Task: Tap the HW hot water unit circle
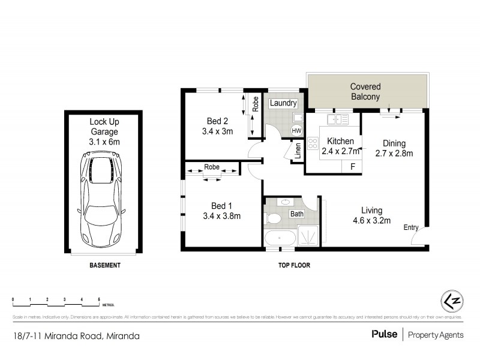296,130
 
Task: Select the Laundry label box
283,104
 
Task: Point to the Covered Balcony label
365,91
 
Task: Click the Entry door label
411,227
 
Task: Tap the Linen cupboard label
297,151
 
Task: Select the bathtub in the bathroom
280,238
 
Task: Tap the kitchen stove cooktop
313,143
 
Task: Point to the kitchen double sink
343,119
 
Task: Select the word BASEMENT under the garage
105,265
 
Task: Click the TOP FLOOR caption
294,265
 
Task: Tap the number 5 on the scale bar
99,299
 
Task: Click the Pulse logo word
384,334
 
